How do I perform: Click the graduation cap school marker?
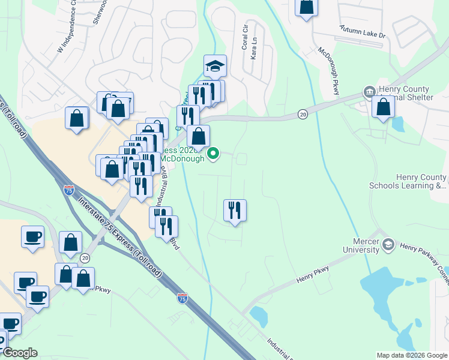[x=214, y=65]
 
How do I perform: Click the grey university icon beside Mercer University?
[x=388, y=244]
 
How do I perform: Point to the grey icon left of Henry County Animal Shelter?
[x=369, y=92]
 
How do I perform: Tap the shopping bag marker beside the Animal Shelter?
[x=383, y=107]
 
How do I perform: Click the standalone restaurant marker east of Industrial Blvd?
[x=235, y=211]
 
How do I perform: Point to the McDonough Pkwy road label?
[x=329, y=70]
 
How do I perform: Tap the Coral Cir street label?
[x=245, y=37]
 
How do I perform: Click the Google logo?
[x=20, y=353]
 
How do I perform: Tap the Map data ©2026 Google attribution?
[x=412, y=355]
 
